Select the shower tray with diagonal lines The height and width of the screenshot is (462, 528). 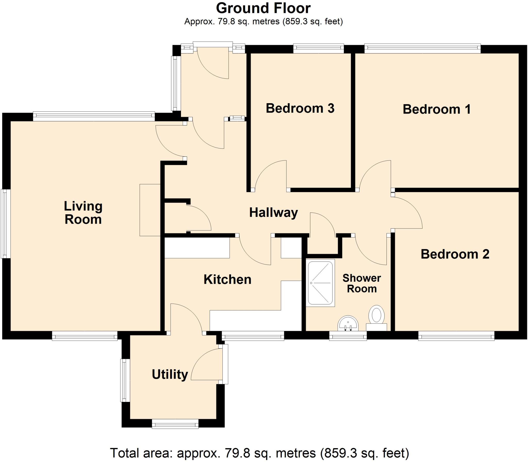pos(320,283)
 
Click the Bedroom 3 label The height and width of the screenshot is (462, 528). pos(300,108)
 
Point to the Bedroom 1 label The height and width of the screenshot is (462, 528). pos(436,109)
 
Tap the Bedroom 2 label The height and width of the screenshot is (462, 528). pos(455,254)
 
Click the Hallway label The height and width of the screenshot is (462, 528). pos(273,213)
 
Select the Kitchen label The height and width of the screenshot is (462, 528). pos(227,280)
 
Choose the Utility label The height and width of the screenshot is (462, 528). pos(170,374)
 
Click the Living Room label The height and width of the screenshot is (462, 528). pos(83,213)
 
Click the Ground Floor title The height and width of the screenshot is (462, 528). pos(263,8)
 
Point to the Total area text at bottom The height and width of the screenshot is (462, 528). pos(259,453)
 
